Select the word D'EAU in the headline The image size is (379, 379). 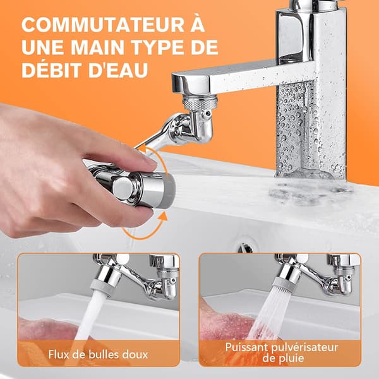[x=118, y=70]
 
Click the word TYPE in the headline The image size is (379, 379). [x=158, y=47]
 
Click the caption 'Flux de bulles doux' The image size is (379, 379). [x=98, y=354]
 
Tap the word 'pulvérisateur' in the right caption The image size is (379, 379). [x=304, y=348]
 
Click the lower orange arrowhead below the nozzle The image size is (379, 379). [x=164, y=216]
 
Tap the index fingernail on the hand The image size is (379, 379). [x=150, y=160]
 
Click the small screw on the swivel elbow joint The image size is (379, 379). [x=207, y=112]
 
